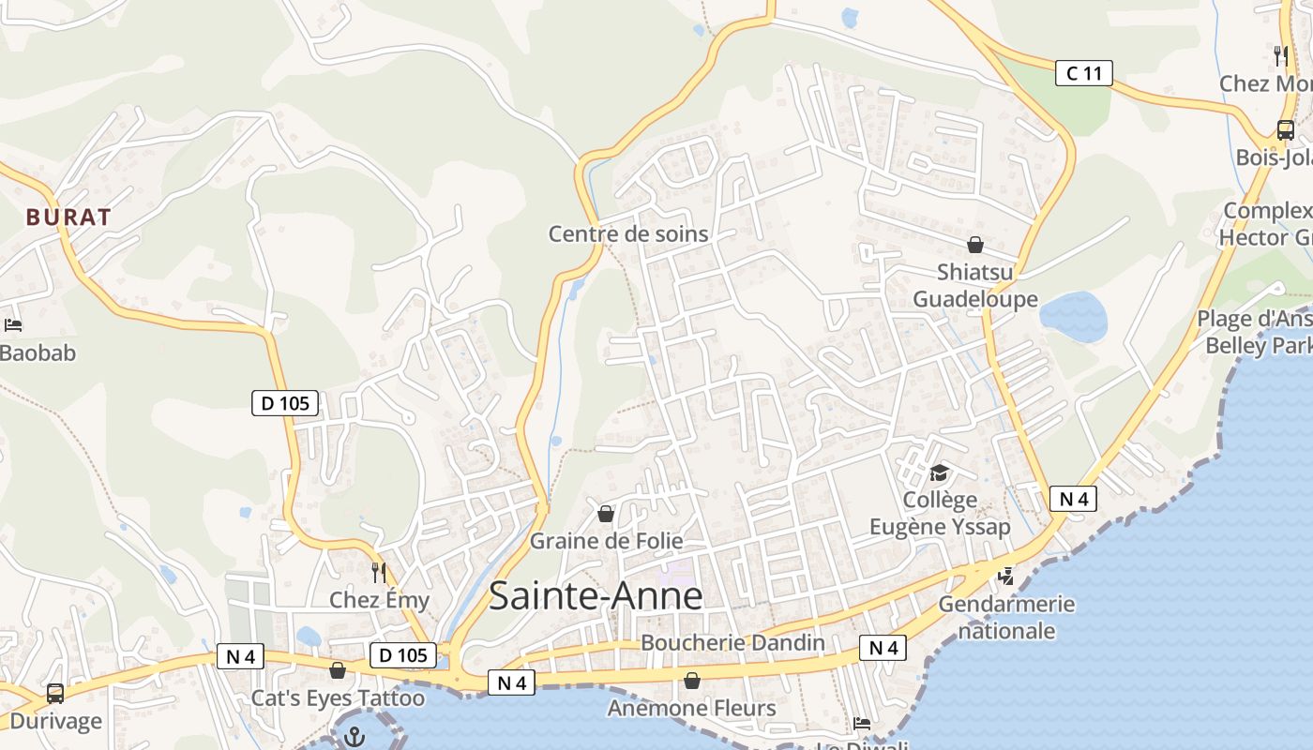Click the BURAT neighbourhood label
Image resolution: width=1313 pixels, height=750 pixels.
click(x=68, y=217)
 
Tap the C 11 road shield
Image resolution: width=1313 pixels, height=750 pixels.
click(x=1083, y=73)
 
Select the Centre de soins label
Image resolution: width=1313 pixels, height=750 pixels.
click(x=628, y=233)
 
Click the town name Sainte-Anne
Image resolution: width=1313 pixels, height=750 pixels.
click(x=596, y=596)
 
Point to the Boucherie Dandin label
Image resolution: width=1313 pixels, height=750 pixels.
click(x=732, y=643)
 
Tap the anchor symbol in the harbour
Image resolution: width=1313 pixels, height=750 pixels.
click(x=354, y=737)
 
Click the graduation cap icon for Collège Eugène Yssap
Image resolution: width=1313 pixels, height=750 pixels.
click(x=940, y=472)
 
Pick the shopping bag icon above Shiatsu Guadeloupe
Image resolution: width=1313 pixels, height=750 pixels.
click(x=975, y=245)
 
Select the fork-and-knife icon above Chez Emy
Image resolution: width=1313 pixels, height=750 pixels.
click(x=379, y=571)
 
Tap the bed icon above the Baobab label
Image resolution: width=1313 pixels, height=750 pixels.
click(x=13, y=325)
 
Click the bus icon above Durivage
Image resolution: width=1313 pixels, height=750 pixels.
click(x=55, y=694)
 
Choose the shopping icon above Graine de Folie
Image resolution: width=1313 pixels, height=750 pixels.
click(x=606, y=514)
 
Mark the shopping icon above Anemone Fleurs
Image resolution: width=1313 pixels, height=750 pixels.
click(x=692, y=680)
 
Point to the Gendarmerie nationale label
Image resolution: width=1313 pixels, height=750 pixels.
click(x=1005, y=617)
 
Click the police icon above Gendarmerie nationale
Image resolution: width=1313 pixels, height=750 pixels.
click(x=1005, y=576)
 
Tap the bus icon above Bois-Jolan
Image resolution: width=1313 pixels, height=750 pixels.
click(x=1285, y=130)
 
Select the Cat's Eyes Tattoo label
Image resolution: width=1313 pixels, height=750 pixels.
click(x=338, y=698)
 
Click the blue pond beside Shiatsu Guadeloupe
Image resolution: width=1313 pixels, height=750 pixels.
click(x=1074, y=316)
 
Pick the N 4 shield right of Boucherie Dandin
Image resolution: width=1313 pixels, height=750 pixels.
click(x=883, y=648)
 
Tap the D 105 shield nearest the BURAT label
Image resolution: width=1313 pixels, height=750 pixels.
click(x=285, y=404)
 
